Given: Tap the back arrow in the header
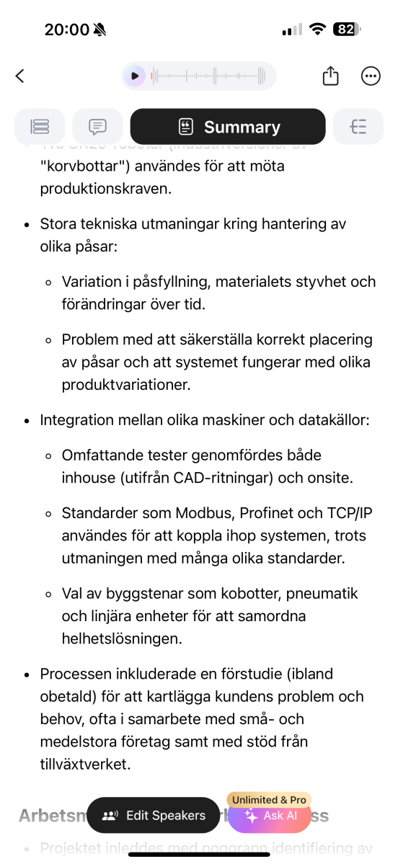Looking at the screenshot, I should pos(20,76).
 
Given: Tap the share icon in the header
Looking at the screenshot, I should pos(330,76).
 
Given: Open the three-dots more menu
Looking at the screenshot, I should pos(371,76).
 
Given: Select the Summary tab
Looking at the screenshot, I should pos(228,128).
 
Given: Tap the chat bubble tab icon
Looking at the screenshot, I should pos(97,128).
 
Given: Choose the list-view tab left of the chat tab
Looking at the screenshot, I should pos(40,128).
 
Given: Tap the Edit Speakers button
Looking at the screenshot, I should pos(154,816).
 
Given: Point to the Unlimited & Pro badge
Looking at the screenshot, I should pos(270,800).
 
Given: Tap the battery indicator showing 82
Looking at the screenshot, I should pos(346,30).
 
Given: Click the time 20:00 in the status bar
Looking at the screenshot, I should pos(67,30).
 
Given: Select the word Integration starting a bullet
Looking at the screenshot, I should pos(76,419).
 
